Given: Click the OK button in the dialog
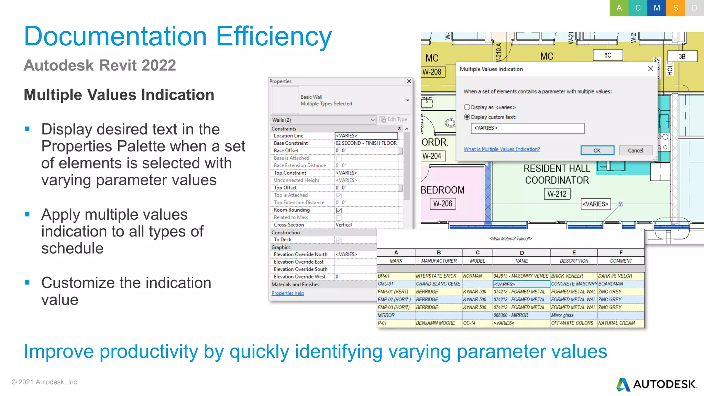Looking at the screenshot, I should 597,151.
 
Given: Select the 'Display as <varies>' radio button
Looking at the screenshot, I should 467,107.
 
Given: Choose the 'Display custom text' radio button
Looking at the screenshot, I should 467,117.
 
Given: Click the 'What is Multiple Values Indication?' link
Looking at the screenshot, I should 502,149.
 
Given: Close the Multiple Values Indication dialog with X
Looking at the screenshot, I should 650,69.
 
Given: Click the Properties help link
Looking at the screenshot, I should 288,293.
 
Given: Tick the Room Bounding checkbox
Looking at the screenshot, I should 339,210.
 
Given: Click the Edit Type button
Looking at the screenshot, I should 393,119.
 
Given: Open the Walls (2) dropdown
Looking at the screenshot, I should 372,120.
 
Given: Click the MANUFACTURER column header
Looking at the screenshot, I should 439,261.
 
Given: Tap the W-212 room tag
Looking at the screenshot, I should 557,194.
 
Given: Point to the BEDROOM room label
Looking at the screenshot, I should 443,190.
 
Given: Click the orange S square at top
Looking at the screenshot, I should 675,8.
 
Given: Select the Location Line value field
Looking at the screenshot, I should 366,136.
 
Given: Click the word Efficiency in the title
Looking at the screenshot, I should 274,36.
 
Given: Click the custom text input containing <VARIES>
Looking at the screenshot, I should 527,128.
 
